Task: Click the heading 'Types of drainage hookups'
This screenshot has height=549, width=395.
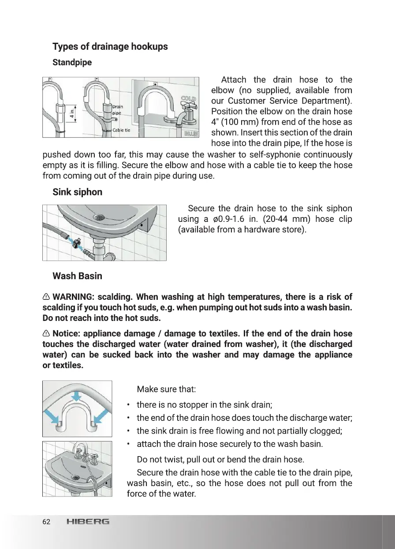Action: [x=110, y=47]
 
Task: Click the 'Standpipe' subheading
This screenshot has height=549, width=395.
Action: [x=72, y=63]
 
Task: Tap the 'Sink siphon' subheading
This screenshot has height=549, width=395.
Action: [x=77, y=192]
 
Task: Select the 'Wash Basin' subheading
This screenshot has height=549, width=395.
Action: [x=77, y=276]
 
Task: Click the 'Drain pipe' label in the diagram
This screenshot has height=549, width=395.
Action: [x=117, y=110]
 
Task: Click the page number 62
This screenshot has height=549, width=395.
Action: [x=46, y=522]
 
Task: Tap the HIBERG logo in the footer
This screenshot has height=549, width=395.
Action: [x=87, y=522]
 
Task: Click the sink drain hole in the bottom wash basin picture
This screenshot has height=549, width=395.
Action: [x=77, y=476]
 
